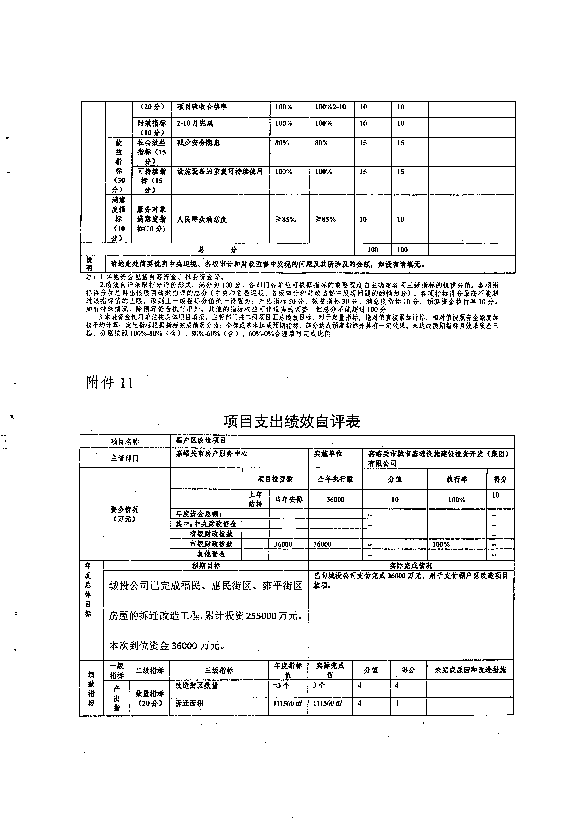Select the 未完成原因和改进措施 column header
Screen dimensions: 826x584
[x=470, y=670]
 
